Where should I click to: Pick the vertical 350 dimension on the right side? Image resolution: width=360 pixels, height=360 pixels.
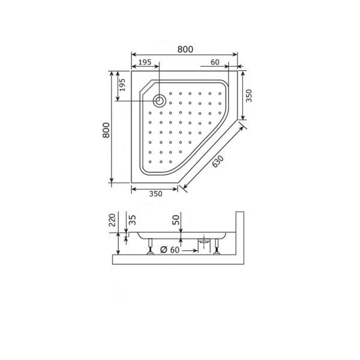coord(247,95)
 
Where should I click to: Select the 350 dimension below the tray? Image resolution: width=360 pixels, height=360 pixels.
coord(155,194)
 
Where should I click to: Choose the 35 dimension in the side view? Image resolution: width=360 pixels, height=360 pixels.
coord(132,220)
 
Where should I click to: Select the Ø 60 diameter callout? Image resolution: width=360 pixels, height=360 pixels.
coord(170,250)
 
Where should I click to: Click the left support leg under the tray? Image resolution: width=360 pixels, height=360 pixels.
coord(150,246)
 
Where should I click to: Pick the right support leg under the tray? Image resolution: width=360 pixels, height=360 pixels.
coord(216,246)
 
